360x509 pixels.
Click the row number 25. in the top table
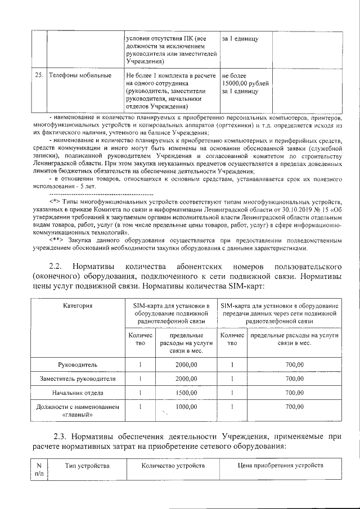(39, 75)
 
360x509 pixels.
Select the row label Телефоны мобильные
(79, 75)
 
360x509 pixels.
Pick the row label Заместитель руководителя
(78, 379)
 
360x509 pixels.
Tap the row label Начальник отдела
(78, 393)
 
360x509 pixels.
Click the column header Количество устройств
(173, 466)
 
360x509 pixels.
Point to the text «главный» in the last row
(78, 415)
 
